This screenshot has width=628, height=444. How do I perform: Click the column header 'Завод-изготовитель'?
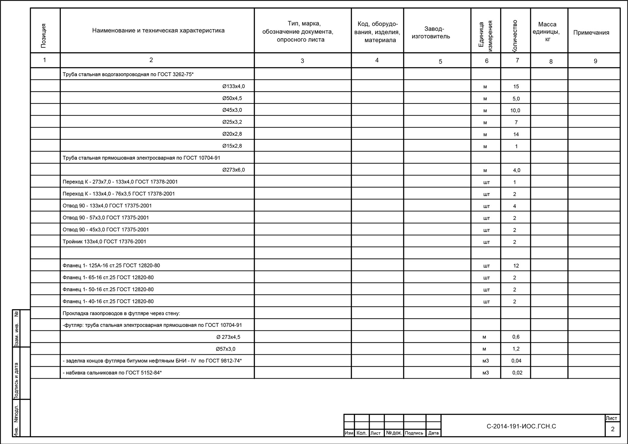(x=431, y=32)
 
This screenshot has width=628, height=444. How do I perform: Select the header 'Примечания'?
(x=591, y=32)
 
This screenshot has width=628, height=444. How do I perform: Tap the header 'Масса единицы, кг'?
(x=547, y=31)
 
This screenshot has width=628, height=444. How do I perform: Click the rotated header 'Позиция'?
(x=44, y=36)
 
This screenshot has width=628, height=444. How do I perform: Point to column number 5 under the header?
(x=440, y=62)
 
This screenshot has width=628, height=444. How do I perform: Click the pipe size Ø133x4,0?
(x=233, y=86)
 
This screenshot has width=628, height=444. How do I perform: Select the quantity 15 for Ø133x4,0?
(x=516, y=87)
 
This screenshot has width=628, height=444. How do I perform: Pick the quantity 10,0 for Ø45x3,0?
(x=515, y=111)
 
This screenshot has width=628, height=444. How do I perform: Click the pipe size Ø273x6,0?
(x=233, y=170)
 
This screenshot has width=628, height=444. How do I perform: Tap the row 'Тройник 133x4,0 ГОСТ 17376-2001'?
(x=104, y=242)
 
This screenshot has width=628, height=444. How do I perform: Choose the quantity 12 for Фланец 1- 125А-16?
(x=516, y=266)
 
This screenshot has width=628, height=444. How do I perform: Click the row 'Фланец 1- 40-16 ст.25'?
(x=108, y=301)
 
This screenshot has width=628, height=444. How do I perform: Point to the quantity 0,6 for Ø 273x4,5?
(x=516, y=337)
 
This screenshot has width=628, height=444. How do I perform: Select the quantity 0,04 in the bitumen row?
(x=516, y=361)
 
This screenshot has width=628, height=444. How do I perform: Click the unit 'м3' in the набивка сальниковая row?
(x=485, y=373)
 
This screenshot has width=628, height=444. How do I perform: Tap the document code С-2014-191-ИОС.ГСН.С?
(x=521, y=426)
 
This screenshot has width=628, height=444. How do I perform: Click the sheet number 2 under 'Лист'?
(x=612, y=429)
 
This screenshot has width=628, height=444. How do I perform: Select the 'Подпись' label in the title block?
(x=414, y=433)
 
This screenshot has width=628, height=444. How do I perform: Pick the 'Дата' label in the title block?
(x=433, y=433)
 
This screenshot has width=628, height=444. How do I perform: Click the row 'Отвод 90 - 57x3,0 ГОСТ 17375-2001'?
(x=106, y=218)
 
